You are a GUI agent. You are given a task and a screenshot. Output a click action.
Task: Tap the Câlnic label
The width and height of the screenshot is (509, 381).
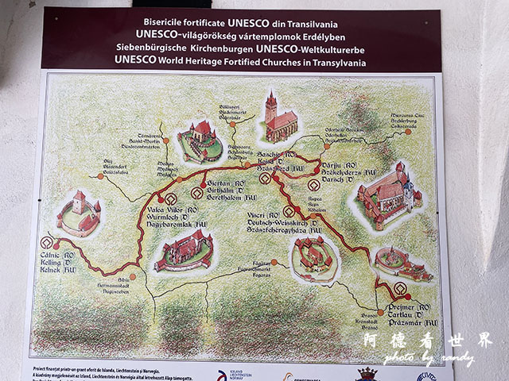point(56,255)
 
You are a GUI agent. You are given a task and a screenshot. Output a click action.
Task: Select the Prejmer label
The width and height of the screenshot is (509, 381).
point(407,305)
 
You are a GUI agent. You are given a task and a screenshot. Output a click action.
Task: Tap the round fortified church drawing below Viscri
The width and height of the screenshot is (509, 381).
point(313,256)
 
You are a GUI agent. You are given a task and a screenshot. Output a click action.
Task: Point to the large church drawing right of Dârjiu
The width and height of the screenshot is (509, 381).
point(387,190)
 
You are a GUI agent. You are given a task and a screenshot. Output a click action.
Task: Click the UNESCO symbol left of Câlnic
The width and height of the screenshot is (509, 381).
point(46,243)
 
